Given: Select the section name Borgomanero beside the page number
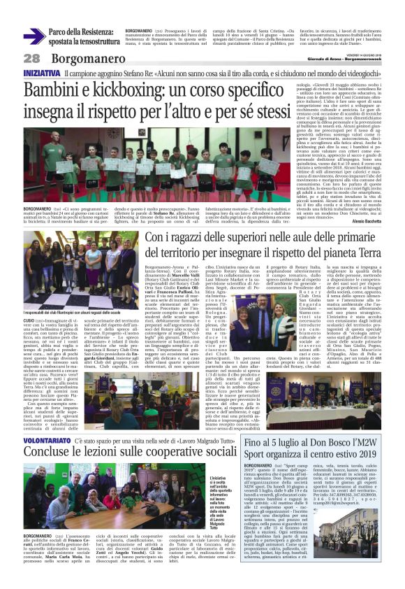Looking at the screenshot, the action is click(78, 58).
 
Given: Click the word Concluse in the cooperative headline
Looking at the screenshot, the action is click(51, 436).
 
